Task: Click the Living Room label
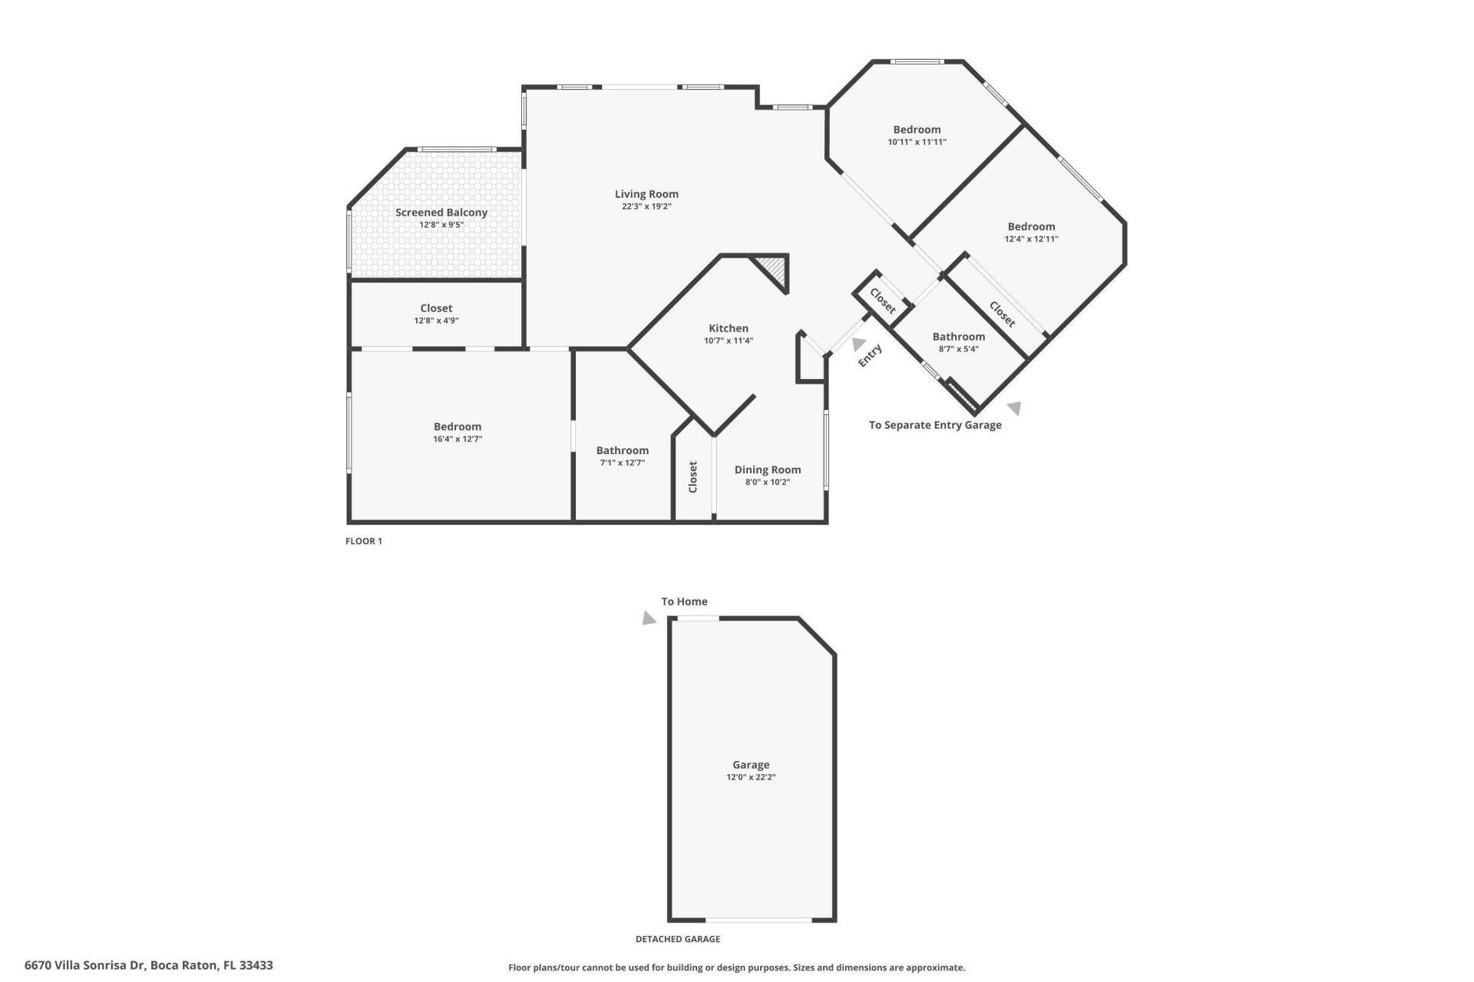point(646,194)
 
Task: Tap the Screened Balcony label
point(441,213)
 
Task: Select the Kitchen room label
point(728,328)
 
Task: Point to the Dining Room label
point(767,470)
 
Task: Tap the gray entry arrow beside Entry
point(858,344)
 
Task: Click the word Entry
point(870,355)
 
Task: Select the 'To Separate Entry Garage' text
point(934,425)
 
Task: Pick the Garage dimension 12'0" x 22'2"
point(750,777)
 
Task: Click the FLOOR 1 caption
point(363,541)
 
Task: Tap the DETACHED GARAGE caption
point(677,939)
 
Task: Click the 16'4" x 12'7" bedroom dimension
point(457,440)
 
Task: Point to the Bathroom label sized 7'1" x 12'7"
point(622,450)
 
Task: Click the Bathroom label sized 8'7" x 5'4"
point(958,337)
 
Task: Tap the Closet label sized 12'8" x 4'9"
point(436,308)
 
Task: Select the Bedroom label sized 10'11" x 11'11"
point(917,130)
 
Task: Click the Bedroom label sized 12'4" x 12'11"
point(1031,226)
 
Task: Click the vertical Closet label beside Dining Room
point(692,476)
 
